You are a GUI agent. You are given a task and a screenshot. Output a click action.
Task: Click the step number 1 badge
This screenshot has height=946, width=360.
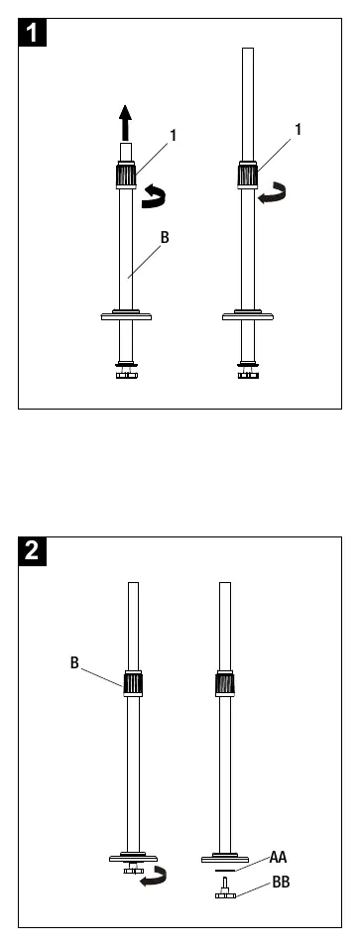pyautogui.click(x=32, y=32)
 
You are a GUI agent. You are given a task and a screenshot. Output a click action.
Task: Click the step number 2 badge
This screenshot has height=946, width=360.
pyautogui.click(x=32, y=550)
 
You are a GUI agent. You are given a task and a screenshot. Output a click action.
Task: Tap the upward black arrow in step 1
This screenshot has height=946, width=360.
pyautogui.click(x=125, y=123)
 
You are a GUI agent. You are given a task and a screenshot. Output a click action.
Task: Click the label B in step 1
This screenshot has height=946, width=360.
pyautogui.click(x=165, y=237)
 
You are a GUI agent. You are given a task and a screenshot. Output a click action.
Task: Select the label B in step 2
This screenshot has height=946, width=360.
pyautogui.click(x=74, y=662)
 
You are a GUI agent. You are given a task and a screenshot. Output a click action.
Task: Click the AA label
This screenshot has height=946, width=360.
pyautogui.click(x=278, y=857)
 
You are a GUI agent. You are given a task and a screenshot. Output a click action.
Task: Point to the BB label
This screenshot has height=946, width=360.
pyautogui.click(x=281, y=883)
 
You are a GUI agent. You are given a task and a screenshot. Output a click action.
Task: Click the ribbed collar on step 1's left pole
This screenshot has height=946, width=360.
pyautogui.click(x=126, y=175)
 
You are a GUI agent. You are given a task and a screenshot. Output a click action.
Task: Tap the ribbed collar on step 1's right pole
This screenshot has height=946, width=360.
pyautogui.click(x=247, y=175)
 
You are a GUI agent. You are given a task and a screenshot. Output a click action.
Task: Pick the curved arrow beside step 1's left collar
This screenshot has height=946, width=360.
pyautogui.click(x=154, y=196)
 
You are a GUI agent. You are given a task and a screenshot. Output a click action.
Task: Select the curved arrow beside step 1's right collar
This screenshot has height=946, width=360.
pyautogui.click(x=273, y=192)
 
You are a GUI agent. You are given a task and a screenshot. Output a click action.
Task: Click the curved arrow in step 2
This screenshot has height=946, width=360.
pyautogui.click(x=153, y=875)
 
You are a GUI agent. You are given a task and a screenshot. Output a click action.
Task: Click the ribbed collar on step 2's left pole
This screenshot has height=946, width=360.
pyautogui.click(x=133, y=683)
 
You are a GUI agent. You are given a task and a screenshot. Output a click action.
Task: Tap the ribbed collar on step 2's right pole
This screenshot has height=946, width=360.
pyautogui.click(x=225, y=683)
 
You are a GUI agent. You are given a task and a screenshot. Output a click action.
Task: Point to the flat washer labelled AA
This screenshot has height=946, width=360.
pyautogui.click(x=225, y=871)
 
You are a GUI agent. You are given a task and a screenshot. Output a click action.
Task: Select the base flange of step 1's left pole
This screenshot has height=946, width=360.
pyautogui.click(x=126, y=315)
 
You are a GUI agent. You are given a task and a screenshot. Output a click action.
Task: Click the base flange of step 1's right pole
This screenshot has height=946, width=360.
pyautogui.click(x=247, y=315)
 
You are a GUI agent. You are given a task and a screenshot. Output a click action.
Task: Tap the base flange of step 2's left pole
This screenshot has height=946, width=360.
pyautogui.click(x=133, y=858)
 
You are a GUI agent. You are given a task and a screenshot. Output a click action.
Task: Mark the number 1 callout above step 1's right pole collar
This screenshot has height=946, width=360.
pyautogui.click(x=299, y=129)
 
